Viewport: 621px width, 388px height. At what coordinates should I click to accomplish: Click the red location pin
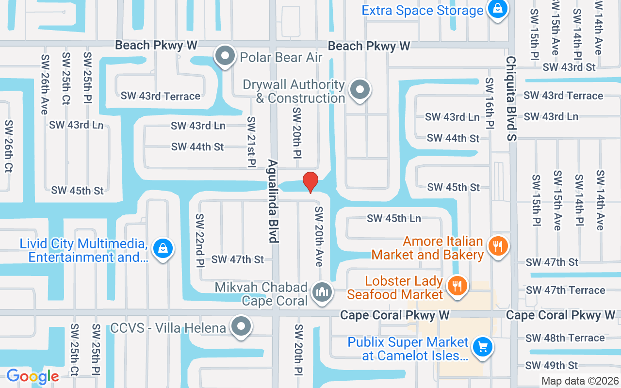pos(310,182)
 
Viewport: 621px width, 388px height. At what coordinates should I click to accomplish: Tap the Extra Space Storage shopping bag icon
pos(497,8)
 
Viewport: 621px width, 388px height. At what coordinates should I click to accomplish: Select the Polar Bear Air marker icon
pos(225,56)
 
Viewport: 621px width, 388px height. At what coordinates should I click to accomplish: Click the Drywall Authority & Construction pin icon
pos(360,89)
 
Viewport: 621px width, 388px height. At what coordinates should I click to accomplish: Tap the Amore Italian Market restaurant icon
pos(497,245)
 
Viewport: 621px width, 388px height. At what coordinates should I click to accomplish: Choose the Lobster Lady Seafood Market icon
pos(456,285)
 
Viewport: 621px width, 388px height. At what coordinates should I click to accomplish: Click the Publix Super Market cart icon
pos(482,346)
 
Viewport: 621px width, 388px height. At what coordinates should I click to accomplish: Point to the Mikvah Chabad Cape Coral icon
pos(321,292)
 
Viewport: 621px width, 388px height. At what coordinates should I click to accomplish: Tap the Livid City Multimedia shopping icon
pos(163,248)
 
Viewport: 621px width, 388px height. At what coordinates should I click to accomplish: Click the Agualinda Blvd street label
pos(273,201)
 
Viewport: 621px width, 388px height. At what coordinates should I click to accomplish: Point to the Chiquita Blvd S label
pos(511,98)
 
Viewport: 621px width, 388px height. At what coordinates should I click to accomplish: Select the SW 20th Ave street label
pos(319,236)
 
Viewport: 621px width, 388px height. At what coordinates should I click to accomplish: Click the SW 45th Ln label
pos(394,219)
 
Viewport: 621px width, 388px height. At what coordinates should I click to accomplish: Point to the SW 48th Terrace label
pos(565,338)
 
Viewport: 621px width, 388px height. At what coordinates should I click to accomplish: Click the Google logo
pos(33,376)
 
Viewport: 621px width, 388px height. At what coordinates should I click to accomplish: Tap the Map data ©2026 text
pos(580,381)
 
